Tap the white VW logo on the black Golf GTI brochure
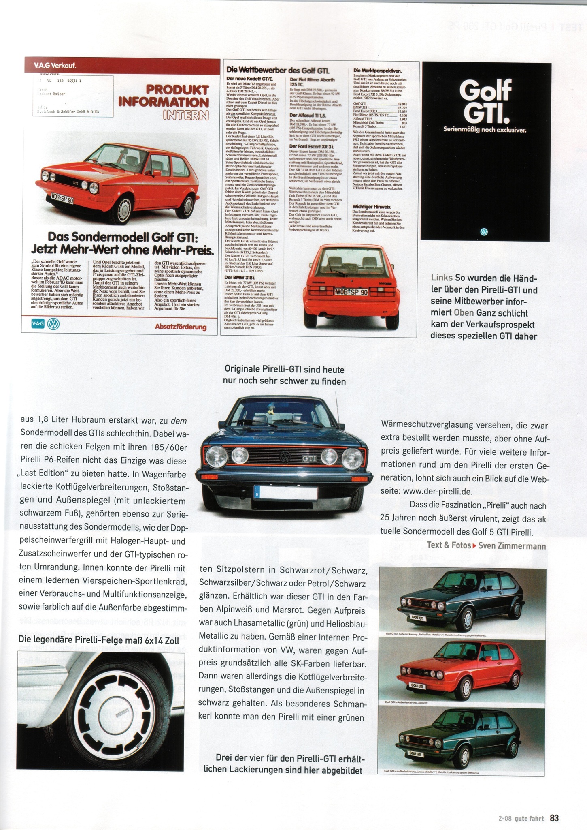click(x=484, y=232)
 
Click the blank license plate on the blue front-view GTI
click(x=288, y=493)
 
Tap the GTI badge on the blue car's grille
click(x=310, y=459)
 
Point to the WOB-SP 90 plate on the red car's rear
click(x=351, y=291)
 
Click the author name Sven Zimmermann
click(x=512, y=545)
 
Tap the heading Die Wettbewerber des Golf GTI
click(x=278, y=70)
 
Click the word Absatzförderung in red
click(x=181, y=327)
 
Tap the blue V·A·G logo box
click(x=38, y=323)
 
